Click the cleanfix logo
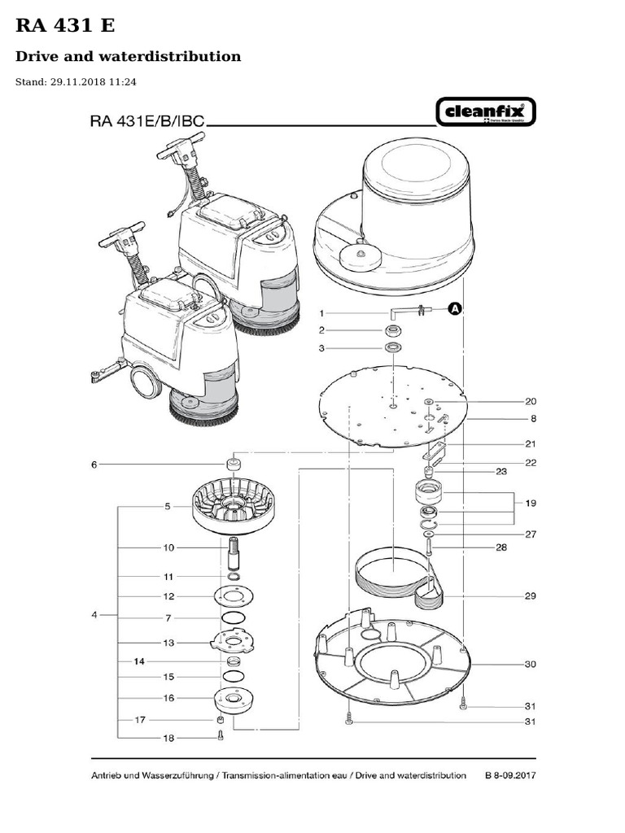487,113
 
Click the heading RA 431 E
66,26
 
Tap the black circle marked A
455,308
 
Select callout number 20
531,401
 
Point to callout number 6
94,464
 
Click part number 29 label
530,596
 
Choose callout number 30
530,664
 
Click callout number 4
94,615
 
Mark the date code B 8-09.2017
509,775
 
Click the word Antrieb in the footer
110,775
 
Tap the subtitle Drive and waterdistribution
129,56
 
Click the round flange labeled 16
233,699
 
